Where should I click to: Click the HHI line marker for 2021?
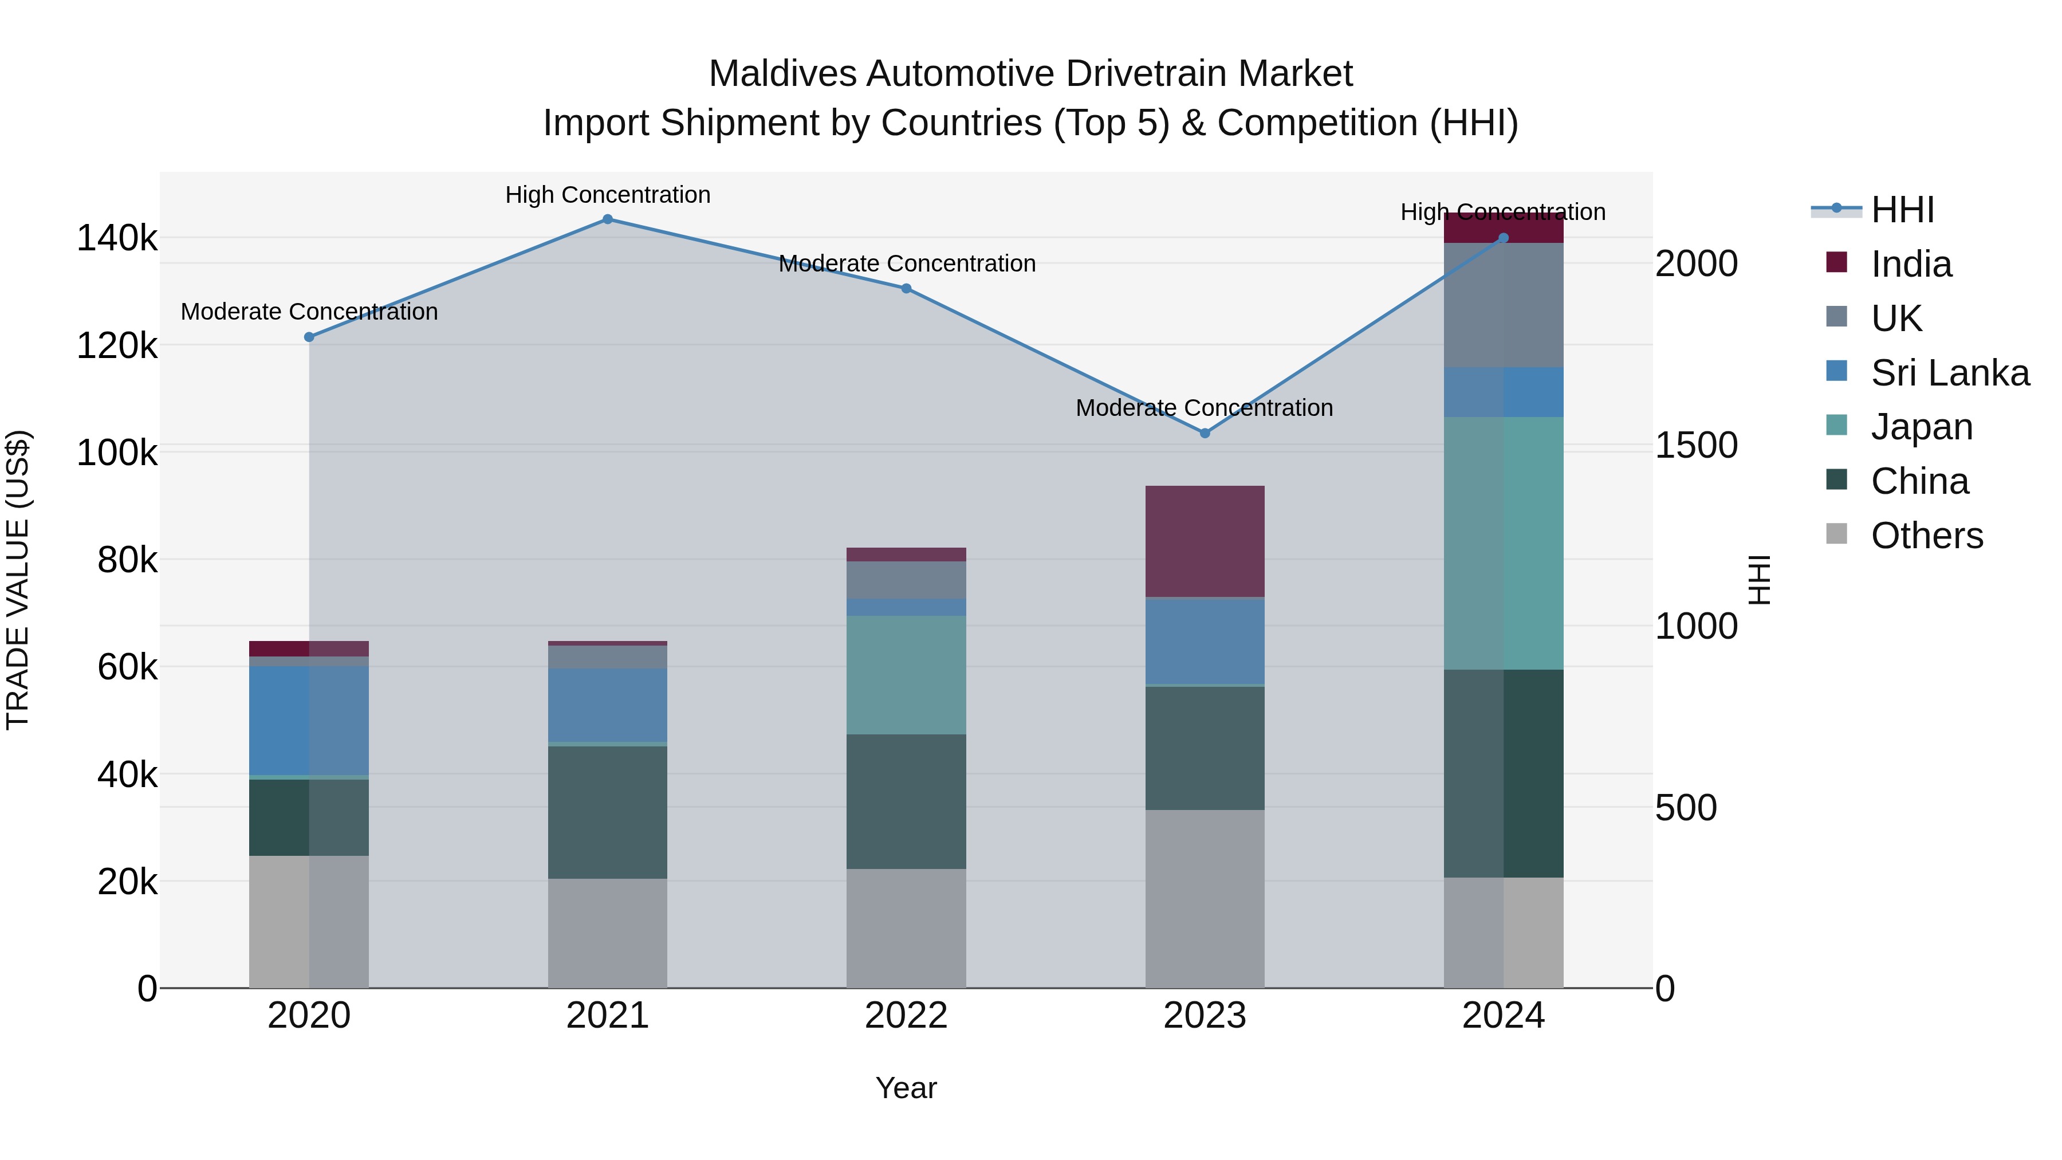[x=608, y=219]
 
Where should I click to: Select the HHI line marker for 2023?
[x=1205, y=433]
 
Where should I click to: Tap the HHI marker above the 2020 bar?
[x=309, y=337]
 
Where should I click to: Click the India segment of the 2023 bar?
[x=1205, y=541]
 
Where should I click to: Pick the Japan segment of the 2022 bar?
[x=906, y=675]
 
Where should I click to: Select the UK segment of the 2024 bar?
[x=1504, y=305]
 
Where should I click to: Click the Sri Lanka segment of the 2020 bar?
[x=309, y=721]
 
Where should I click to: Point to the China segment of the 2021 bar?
[x=608, y=812]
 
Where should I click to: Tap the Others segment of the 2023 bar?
[x=1205, y=898]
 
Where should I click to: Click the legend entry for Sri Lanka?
[x=1949, y=372]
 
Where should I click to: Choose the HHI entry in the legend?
[x=1902, y=210]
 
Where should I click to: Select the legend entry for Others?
[x=1926, y=536]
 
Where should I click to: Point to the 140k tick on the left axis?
[x=117, y=238]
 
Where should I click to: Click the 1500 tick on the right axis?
[x=1696, y=445]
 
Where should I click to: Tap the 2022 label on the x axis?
[x=906, y=1016]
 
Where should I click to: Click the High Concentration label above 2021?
[x=608, y=195]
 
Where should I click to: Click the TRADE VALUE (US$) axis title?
[x=18, y=580]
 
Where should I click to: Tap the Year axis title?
[x=906, y=1088]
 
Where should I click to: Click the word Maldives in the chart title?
[x=781, y=74]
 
